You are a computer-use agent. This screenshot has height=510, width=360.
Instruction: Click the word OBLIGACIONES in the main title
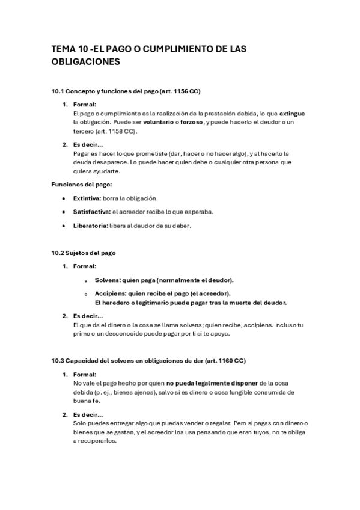pyautogui.click(x=86, y=61)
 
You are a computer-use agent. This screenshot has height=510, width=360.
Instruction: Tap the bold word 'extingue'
pyautogui.click(x=293, y=113)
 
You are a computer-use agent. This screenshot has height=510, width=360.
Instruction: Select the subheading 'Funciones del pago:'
pyautogui.click(x=82, y=184)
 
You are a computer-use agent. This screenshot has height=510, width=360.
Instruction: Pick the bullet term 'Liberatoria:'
pyautogui.click(x=90, y=226)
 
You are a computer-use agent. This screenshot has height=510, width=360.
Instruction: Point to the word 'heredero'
pyautogui.click(x=120, y=302)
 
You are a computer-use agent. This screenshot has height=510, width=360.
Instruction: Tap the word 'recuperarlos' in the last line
pyautogui.click(x=98, y=440)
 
